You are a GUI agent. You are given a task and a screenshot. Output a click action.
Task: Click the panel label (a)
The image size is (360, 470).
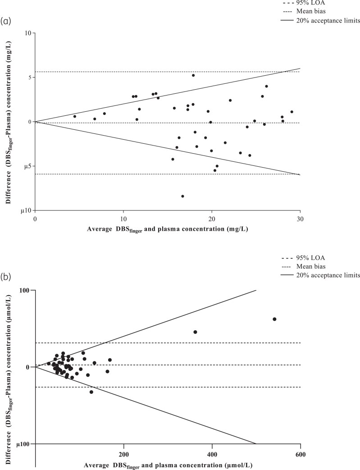coord(6,21)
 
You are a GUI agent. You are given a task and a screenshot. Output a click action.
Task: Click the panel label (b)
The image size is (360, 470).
coord(6,277)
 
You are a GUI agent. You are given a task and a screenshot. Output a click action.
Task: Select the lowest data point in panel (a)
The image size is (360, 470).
coord(182,196)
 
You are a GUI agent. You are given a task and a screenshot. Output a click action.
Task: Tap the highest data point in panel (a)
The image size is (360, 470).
coord(193,75)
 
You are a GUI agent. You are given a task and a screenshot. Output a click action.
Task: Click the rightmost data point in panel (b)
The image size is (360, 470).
coord(274,319)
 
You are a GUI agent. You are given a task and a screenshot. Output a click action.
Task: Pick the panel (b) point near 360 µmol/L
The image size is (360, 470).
coord(195,332)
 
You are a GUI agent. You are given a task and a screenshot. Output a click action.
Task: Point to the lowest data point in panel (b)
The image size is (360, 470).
coord(91,392)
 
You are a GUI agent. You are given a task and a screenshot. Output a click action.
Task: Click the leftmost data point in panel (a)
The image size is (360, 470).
coord(75,116)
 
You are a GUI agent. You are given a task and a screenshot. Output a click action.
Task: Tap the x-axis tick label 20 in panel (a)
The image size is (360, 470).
coord(212,219)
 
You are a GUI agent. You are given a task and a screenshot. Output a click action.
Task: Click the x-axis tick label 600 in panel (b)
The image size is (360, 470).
coord(301,455)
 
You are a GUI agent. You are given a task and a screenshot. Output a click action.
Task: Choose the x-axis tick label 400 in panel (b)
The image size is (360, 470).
coord(212,455)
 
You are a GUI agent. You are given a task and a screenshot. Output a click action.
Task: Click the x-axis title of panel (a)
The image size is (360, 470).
coord(168,229)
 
